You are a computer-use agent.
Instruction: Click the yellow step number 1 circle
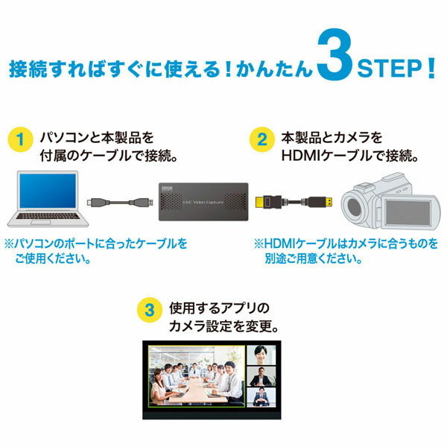coord(22,139)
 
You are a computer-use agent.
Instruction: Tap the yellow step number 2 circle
coord(261,139)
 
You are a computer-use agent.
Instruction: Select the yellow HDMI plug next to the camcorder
coord(325,201)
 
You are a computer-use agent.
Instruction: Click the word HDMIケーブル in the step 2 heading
coord(320,157)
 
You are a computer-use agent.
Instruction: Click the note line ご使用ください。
coord(52,260)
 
